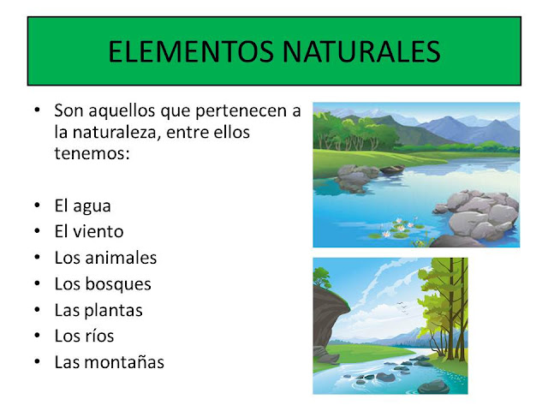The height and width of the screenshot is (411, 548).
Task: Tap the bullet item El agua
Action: pyautogui.click(x=82, y=205)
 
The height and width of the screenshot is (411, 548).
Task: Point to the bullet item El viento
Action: pyautogui.click(x=89, y=231)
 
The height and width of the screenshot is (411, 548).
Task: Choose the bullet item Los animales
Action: pyautogui.click(x=105, y=258)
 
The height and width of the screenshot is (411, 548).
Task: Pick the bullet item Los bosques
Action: pyautogui.click(x=103, y=283)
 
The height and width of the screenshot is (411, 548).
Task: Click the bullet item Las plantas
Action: pyautogui.click(x=98, y=310)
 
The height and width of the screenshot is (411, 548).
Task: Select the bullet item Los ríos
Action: pyautogui.click(x=84, y=336)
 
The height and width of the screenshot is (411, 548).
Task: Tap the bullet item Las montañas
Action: pyautogui.click(x=109, y=362)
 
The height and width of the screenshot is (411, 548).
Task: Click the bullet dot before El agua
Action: pyautogui.click(x=36, y=206)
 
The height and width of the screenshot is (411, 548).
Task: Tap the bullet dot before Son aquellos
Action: pyautogui.click(x=36, y=111)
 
